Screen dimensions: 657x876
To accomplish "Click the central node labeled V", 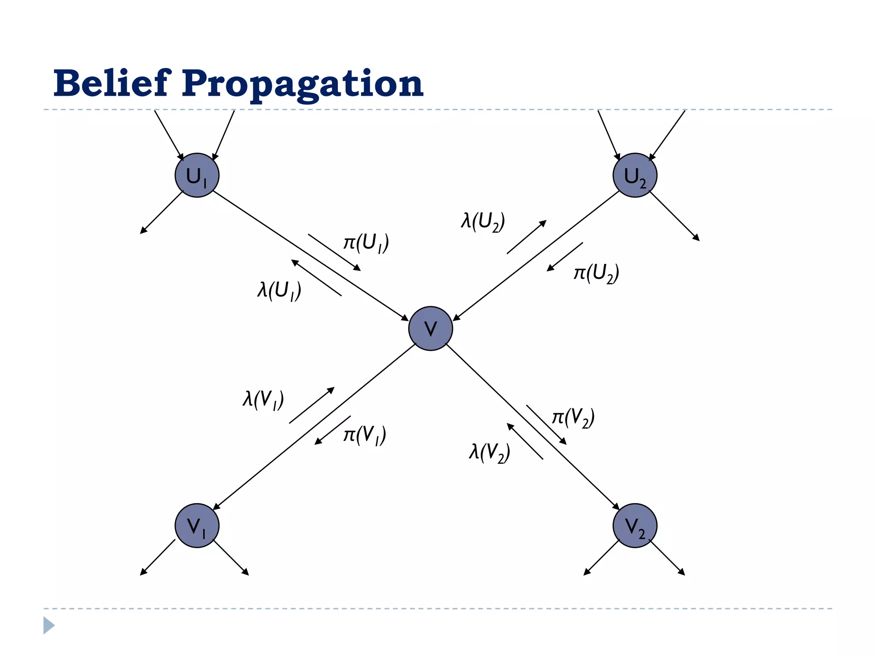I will point(430,328).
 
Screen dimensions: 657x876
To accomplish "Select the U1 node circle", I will point(197,175).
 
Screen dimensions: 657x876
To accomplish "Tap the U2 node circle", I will point(635,175).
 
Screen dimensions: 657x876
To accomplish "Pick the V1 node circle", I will point(197,525).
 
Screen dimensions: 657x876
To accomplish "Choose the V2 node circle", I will point(635,525).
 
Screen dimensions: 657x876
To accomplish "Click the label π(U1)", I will point(366,243).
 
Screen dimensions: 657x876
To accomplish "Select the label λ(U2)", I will point(483,222).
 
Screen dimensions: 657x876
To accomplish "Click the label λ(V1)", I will point(263,400).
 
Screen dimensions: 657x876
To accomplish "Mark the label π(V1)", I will point(365,435).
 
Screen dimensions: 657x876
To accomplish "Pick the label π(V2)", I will point(573,417).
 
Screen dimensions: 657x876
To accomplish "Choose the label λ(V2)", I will point(489,452).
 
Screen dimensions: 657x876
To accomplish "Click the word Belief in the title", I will point(112,83).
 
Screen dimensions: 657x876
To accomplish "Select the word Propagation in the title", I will point(302,84).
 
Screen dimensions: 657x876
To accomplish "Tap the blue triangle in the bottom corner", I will point(48,625).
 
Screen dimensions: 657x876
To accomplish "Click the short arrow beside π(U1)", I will point(334,252).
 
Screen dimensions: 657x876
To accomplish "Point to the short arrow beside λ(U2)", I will point(527,237).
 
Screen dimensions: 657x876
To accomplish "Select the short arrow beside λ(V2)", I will point(525,441).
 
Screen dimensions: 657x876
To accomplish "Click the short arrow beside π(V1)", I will point(333,430).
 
